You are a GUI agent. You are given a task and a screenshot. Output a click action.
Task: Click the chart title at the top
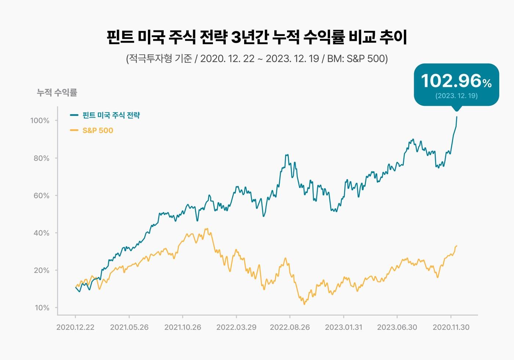[257, 37]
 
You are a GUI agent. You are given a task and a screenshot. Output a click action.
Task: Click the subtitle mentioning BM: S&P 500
[257, 59]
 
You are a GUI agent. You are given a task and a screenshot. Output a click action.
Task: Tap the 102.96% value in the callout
[456, 81]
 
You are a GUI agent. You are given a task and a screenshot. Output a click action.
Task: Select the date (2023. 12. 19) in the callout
[456, 96]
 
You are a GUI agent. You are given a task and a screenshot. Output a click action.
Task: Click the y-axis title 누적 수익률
[57, 93]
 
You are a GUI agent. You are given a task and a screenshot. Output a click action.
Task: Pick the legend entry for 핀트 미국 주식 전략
[111, 115]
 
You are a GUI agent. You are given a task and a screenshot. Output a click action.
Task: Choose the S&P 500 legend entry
[98, 130]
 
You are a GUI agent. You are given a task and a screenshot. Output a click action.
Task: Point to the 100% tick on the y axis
[40, 121]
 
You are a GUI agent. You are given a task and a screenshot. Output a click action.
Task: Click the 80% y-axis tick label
[41, 158]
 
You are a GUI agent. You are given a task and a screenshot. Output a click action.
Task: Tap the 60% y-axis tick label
[41, 196]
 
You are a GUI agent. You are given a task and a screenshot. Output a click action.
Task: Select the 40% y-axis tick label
[41, 233]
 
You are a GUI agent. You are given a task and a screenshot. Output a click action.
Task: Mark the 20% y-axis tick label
[41, 270]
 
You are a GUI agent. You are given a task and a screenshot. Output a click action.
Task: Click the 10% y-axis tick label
[42, 308]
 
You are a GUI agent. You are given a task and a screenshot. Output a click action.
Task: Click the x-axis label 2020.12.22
[75, 327]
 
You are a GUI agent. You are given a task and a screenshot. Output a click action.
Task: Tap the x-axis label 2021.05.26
[129, 327]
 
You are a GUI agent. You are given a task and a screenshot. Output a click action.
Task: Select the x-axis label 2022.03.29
[236, 327]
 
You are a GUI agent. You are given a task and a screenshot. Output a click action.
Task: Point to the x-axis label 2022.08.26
[290, 327]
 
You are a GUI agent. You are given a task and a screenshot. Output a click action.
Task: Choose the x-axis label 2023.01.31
[343, 327]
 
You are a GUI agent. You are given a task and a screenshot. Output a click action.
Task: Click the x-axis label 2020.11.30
[451, 327]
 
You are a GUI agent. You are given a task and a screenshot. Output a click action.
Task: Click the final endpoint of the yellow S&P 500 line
[457, 246]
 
